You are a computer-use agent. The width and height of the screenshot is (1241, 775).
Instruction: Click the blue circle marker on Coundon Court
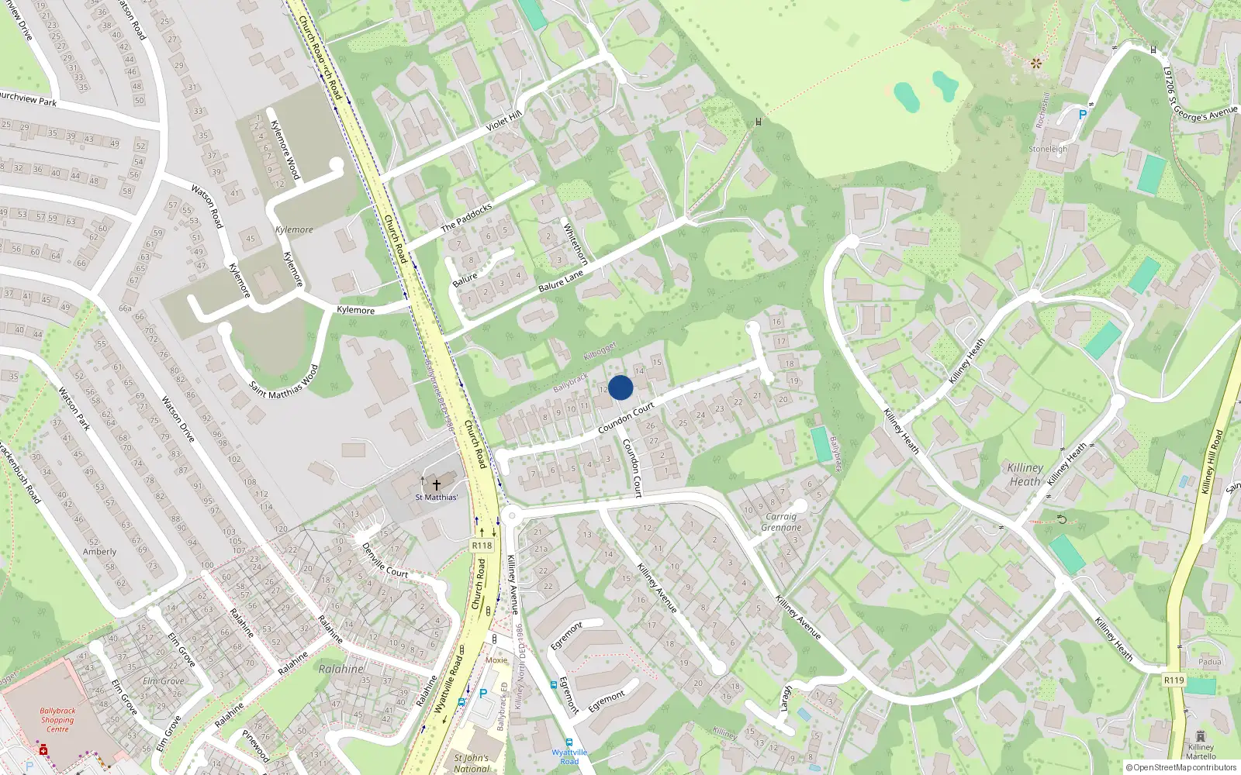(620, 387)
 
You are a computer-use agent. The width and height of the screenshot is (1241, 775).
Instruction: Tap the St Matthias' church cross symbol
(437, 484)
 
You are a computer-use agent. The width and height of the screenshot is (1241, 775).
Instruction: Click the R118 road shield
(482, 546)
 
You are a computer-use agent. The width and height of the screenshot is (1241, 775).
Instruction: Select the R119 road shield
(1174, 680)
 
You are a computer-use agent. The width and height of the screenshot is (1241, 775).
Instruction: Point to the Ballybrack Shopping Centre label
(57, 720)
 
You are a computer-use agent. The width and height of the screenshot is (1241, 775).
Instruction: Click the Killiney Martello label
(1201, 752)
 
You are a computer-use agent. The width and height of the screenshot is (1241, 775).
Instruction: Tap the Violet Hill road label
(503, 121)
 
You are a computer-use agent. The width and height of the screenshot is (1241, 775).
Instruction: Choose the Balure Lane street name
(561, 281)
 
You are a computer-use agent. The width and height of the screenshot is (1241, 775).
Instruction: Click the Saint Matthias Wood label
(284, 382)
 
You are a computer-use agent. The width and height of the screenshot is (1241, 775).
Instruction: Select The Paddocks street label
(466, 218)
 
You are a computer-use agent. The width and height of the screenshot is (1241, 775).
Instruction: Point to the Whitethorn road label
(576, 245)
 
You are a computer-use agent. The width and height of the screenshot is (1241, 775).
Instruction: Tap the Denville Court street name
(385, 560)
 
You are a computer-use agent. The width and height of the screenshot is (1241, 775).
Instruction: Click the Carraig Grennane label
(781, 522)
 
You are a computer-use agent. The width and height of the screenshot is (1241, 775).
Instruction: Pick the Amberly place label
(99, 552)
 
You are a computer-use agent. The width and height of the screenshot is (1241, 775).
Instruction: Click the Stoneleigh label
(1048, 149)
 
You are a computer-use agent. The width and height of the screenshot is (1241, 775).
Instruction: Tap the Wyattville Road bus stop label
(569, 756)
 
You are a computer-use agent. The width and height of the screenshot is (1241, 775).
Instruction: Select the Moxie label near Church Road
(496, 660)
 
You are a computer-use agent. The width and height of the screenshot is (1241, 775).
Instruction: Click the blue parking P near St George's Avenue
(1083, 115)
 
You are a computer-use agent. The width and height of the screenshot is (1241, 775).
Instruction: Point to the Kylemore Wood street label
(285, 150)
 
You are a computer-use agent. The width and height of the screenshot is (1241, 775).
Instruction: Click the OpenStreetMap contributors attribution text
(1181, 768)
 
